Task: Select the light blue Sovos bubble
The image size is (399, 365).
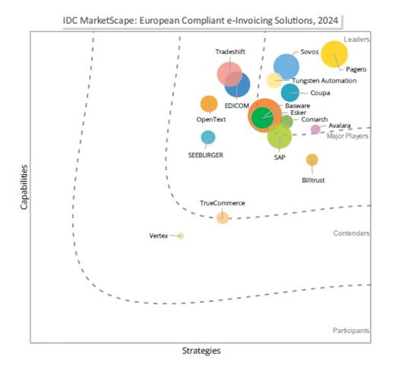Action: click(286, 66)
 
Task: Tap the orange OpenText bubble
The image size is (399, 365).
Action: click(209, 104)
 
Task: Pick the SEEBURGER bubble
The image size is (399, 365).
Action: click(208, 137)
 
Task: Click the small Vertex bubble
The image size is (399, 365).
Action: click(181, 236)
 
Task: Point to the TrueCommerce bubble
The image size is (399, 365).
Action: click(223, 218)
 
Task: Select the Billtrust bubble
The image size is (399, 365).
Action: click(312, 160)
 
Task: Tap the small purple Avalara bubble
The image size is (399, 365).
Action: click(316, 130)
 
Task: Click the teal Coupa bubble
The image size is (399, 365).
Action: click(290, 93)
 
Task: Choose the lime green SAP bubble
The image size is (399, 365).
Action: click(279, 136)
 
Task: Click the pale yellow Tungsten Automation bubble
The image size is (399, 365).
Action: click(275, 80)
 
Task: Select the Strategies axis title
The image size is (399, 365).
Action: click(202, 351)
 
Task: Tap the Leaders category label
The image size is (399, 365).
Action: click(357, 39)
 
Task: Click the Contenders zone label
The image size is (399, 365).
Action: click(351, 233)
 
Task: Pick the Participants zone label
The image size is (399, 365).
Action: click(351, 331)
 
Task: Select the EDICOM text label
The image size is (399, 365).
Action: click(237, 105)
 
